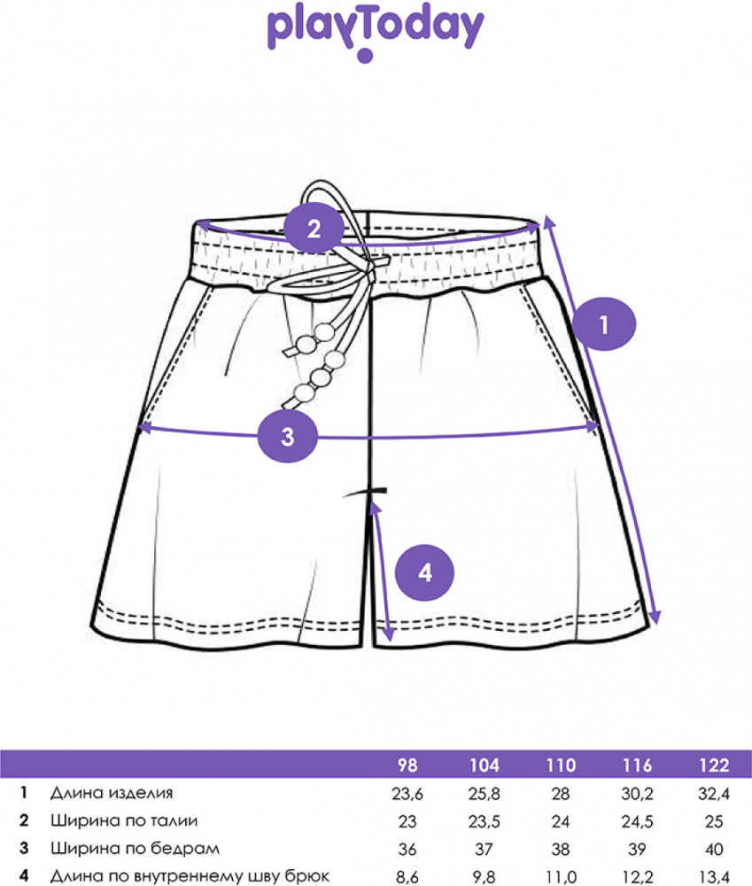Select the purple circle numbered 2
pyautogui.click(x=313, y=229)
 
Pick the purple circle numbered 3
pyautogui.click(x=286, y=435)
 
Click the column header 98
pyautogui.click(x=407, y=766)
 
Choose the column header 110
pyautogui.click(x=561, y=766)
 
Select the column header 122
pyautogui.click(x=713, y=766)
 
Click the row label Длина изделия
pyautogui.click(x=112, y=793)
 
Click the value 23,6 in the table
pyautogui.click(x=407, y=793)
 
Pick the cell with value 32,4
pyautogui.click(x=713, y=793)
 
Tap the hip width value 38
pyautogui.click(x=561, y=849)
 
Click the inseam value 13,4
pyautogui.click(x=713, y=876)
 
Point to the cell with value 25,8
pyautogui.click(x=485, y=793)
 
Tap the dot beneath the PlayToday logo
pyautogui.click(x=363, y=58)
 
